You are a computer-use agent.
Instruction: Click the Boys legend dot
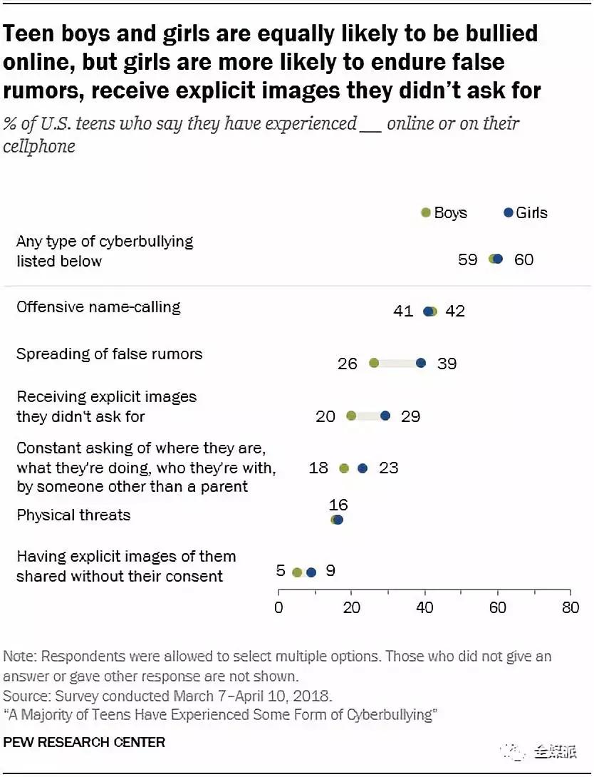point(426,212)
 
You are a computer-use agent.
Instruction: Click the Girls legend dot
point(508,212)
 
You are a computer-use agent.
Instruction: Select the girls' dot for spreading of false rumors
point(421,363)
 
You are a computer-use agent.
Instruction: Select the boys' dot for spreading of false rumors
point(374,363)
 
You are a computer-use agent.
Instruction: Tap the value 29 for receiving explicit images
point(410,416)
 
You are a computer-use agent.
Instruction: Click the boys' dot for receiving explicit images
point(351,416)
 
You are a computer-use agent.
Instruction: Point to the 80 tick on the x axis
point(570,607)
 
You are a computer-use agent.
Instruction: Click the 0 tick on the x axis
point(278,607)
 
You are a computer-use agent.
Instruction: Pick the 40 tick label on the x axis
point(424,607)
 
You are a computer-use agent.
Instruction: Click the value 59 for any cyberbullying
point(467,259)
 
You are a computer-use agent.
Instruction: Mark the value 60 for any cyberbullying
point(523,259)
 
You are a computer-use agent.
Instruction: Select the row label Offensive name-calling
point(98,307)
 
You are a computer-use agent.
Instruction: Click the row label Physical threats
point(73,515)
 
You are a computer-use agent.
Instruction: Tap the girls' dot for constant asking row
point(363,468)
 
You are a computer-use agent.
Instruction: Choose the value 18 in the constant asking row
point(318,468)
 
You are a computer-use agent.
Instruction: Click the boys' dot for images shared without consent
point(297,572)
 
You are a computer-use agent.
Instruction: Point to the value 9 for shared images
point(330,571)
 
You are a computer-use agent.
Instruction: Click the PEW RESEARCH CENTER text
point(84,743)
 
